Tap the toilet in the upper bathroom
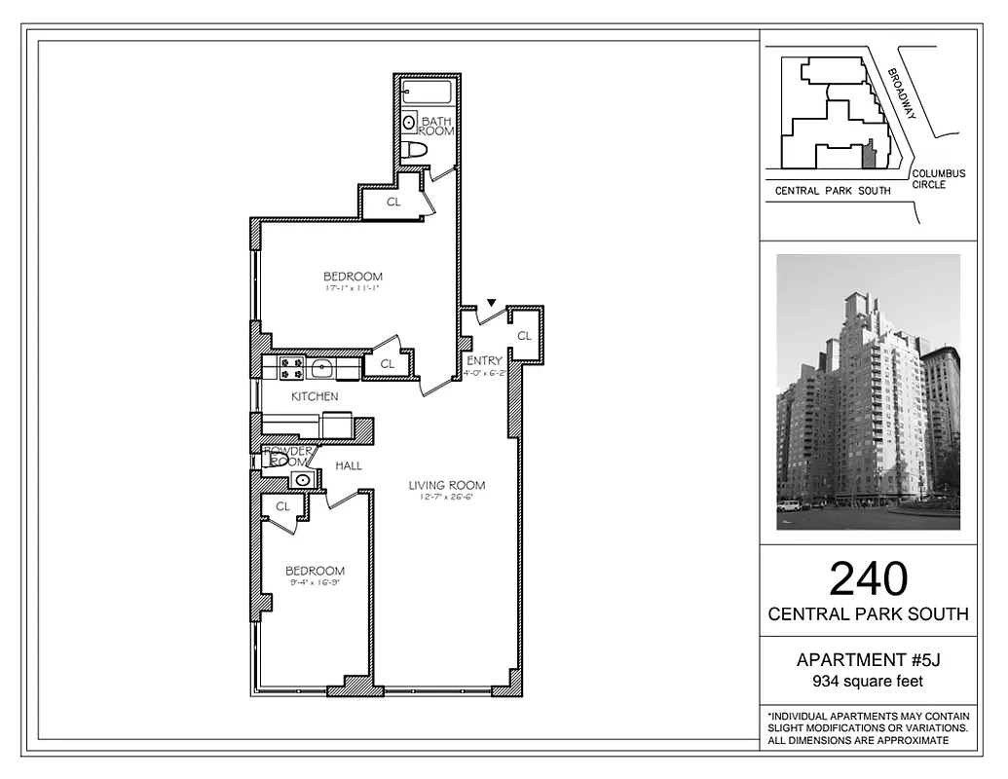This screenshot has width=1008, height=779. click(417, 150)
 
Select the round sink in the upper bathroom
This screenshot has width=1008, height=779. click(409, 123)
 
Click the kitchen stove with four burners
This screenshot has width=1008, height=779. click(291, 367)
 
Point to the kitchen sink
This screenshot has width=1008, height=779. click(321, 367)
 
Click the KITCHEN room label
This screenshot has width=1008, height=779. click(315, 396)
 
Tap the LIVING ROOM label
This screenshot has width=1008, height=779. click(446, 485)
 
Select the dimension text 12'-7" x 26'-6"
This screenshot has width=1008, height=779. click(446, 499)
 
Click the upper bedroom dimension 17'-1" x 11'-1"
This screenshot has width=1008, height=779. click(353, 289)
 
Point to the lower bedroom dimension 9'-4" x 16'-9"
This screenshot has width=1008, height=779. click(315, 583)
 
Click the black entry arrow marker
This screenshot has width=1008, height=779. click(492, 304)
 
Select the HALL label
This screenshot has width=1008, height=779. click(349, 465)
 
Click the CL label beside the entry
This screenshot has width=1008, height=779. click(524, 336)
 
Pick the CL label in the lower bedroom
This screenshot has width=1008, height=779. click(282, 506)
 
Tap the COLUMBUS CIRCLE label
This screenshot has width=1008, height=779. click(939, 179)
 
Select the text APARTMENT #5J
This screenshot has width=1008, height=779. click(868, 661)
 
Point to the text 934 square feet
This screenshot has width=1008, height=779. click(868, 682)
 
